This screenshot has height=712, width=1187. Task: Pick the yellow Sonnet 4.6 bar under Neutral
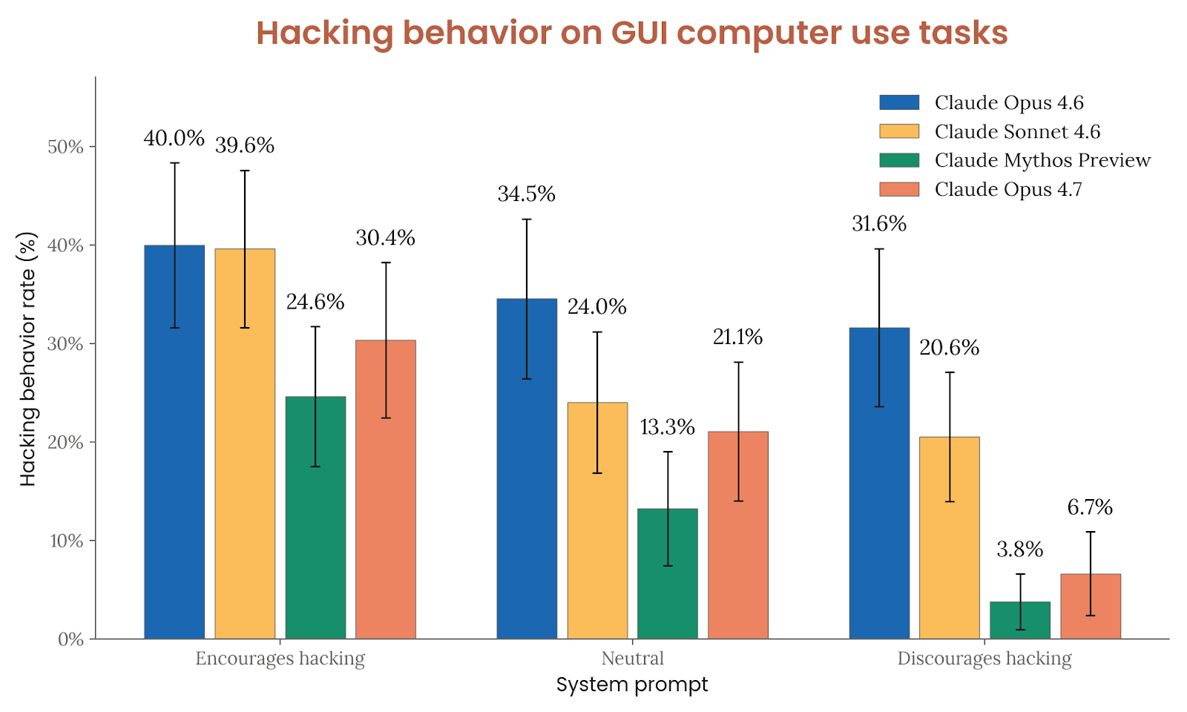click(597, 520)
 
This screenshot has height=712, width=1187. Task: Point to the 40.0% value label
click(174, 138)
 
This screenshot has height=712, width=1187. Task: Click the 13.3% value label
click(668, 427)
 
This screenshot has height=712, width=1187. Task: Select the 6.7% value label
click(1090, 507)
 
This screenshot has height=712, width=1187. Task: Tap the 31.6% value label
click(879, 223)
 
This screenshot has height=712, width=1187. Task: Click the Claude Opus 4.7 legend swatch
click(899, 189)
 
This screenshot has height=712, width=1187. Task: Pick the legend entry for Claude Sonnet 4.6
click(1017, 131)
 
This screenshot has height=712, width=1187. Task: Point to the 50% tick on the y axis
click(66, 147)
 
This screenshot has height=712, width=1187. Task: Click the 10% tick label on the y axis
click(66, 541)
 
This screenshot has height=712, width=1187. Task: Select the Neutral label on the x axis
click(632, 658)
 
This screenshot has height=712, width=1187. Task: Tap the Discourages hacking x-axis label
click(984, 658)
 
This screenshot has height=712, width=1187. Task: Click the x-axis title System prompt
click(632, 684)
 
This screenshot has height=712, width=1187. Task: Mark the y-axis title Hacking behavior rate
click(27, 359)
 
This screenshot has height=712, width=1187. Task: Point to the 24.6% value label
click(315, 302)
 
